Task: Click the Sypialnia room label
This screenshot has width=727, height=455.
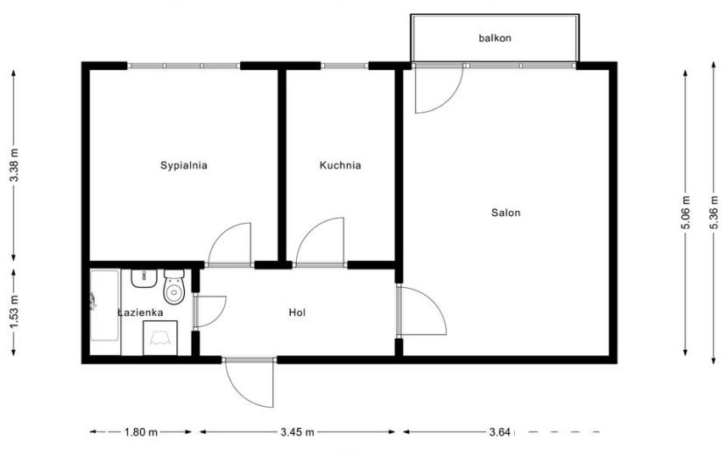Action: [x=184, y=165]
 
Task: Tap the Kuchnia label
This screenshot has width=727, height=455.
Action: [x=341, y=165]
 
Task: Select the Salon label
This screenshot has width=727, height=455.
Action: [x=506, y=213]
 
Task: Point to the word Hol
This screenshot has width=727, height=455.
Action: [x=297, y=312]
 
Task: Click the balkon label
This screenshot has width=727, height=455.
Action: [x=495, y=38]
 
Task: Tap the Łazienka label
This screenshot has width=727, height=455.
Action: [x=140, y=312]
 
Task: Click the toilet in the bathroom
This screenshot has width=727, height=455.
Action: [x=174, y=286]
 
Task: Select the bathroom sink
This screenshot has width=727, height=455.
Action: [x=145, y=278]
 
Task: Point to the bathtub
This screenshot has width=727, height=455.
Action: [x=105, y=305]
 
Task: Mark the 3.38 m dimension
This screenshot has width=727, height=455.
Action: [x=14, y=165]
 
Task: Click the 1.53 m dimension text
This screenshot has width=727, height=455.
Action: [x=14, y=312]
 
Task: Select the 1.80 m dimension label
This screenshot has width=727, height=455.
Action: [x=140, y=432]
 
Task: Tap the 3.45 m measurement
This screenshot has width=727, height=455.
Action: [x=297, y=432]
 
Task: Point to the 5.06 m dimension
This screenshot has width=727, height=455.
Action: [x=686, y=213]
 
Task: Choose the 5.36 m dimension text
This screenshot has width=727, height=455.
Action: [x=714, y=213]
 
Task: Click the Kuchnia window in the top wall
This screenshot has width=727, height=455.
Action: [x=344, y=66]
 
